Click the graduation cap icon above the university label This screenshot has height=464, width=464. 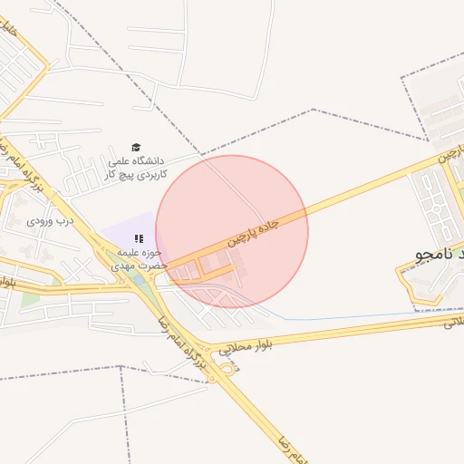(x=136, y=148)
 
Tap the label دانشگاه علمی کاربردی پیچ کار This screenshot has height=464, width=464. (x=138, y=168)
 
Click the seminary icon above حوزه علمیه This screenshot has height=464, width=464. (x=139, y=238)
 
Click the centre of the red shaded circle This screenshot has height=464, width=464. (x=232, y=231)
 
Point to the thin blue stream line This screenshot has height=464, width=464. (x=362, y=317)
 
